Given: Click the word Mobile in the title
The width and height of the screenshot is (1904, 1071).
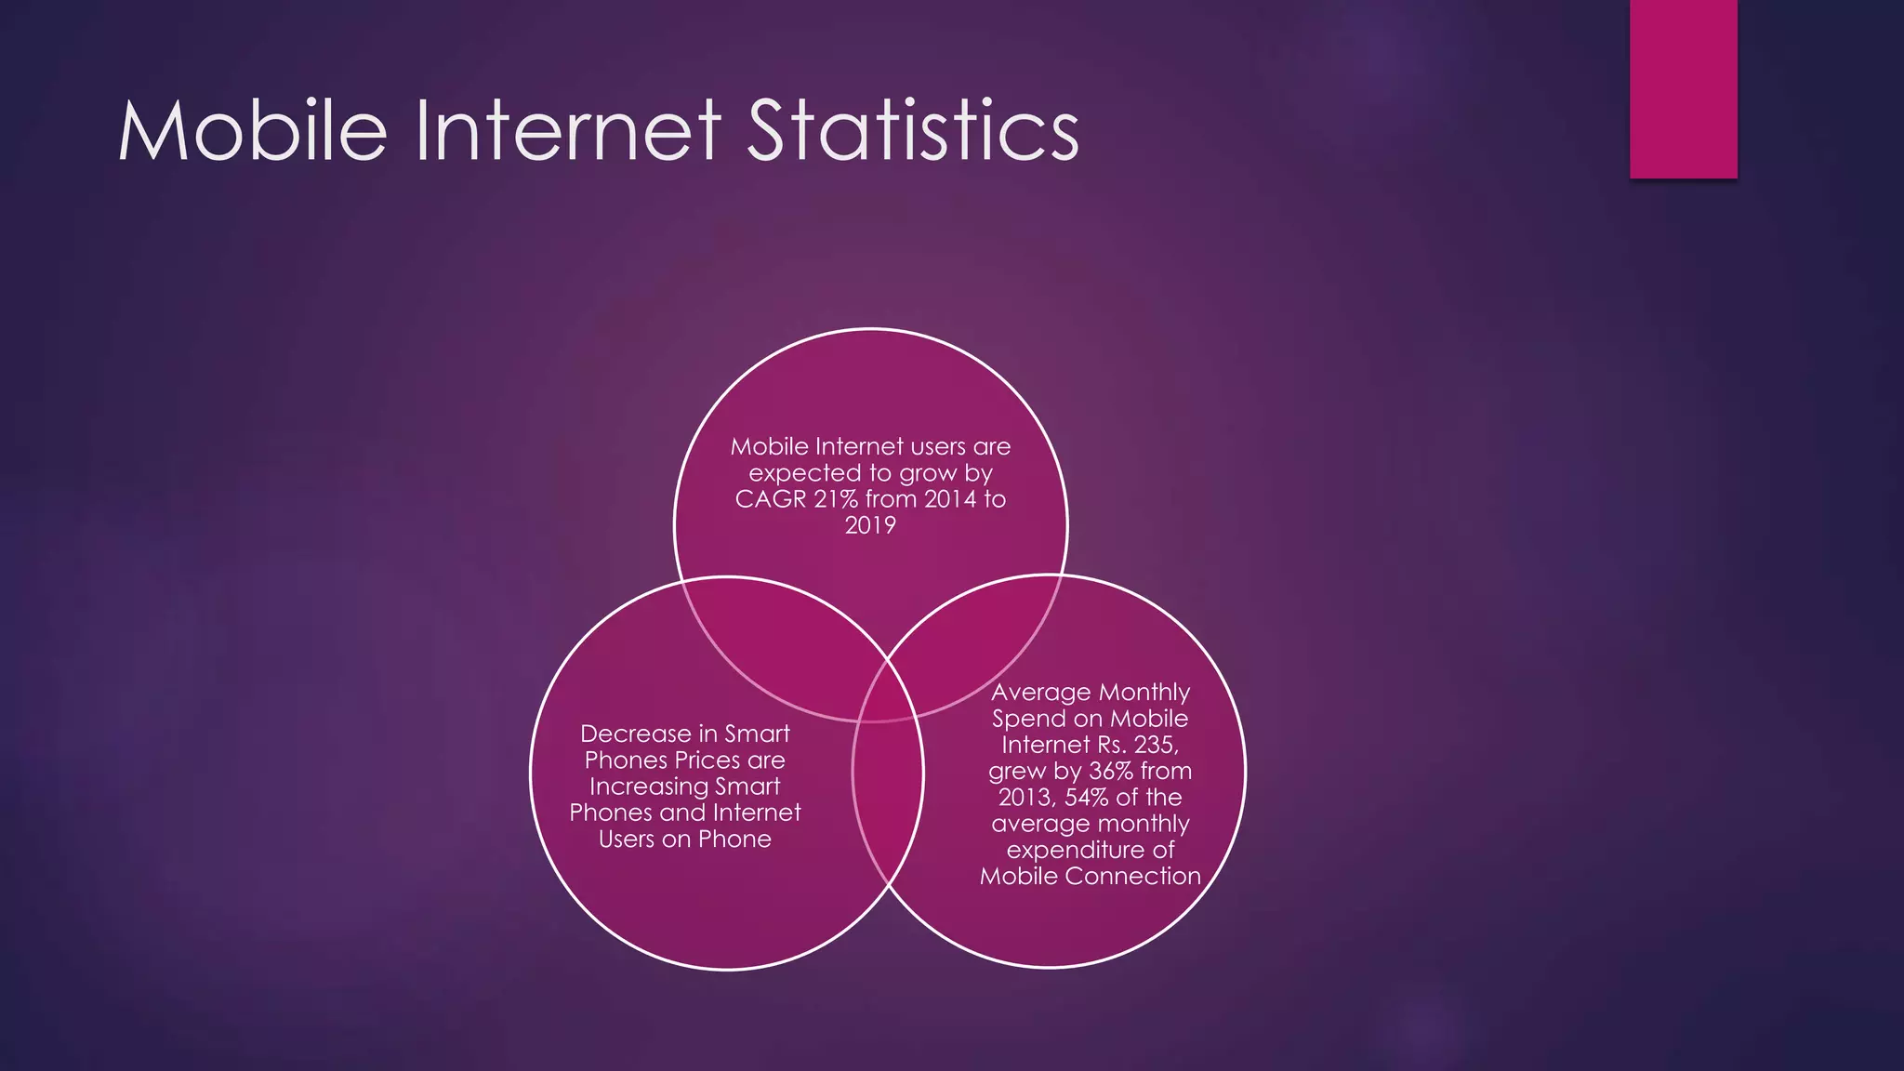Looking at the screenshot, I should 252,131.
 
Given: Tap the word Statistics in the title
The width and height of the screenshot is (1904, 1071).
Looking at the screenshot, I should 912,131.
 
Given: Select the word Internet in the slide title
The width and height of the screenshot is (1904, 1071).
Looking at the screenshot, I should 567,131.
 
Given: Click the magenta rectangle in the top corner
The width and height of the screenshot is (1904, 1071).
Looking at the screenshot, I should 1683,88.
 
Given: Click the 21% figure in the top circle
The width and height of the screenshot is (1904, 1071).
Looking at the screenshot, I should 836,499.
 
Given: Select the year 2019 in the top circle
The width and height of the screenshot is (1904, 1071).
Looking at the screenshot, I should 870,525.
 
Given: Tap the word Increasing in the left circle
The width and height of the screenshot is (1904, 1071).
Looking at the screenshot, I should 649,787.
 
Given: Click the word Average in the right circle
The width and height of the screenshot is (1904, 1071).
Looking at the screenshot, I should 1039,693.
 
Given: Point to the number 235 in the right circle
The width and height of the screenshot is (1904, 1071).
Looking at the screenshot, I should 1155,745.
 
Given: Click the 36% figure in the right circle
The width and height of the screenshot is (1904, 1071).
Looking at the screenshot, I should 1108,771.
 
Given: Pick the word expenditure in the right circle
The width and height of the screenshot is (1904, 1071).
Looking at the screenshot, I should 1078,850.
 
